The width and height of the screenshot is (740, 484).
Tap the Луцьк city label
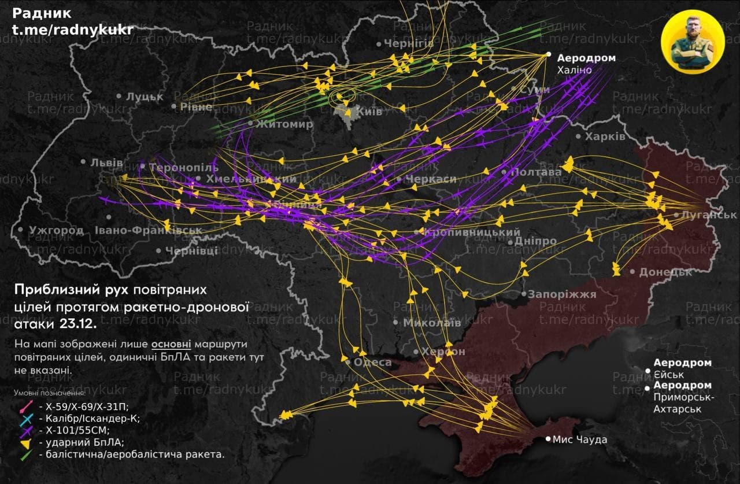point(145,97)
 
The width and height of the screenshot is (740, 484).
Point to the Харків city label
point(605,137)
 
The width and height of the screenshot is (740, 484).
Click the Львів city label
point(106,162)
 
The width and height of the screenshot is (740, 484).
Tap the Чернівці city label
point(191,251)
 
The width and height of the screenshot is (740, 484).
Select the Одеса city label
point(372,363)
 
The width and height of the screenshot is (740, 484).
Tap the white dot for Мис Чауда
point(548,439)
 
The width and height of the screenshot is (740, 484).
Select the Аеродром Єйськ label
point(682,369)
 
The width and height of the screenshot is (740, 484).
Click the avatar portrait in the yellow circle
point(692,41)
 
